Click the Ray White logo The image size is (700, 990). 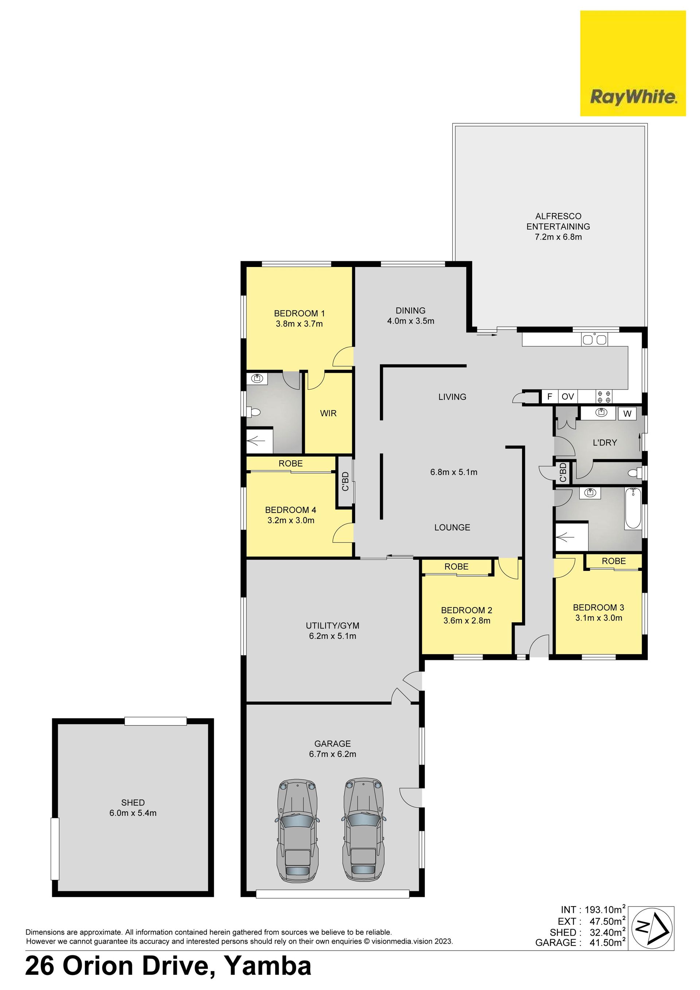point(633,63)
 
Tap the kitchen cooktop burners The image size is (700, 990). point(603,396)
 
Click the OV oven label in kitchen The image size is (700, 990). point(568,396)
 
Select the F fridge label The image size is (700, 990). point(549,396)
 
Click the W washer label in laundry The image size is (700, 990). point(627,414)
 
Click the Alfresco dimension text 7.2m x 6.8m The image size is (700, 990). point(558,237)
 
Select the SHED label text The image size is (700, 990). point(133,803)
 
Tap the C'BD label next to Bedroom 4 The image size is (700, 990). point(345,481)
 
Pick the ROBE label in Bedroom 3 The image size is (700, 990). point(614,561)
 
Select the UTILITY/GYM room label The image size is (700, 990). point(332,626)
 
